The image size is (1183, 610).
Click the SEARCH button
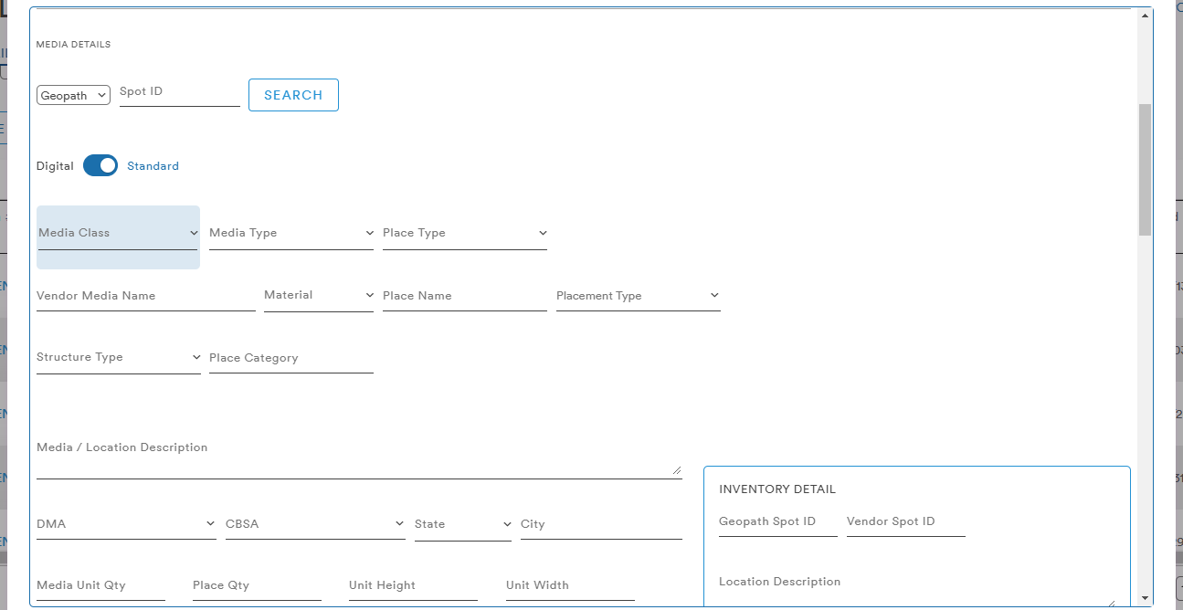tap(293, 95)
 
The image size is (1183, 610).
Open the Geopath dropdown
tap(73, 95)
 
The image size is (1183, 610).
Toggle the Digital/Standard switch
tap(100, 166)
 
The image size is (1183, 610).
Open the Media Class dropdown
tap(118, 233)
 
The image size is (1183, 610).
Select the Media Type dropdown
tap(291, 233)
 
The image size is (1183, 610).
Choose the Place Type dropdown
tap(465, 233)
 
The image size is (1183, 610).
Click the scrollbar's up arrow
tap(1145, 16)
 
